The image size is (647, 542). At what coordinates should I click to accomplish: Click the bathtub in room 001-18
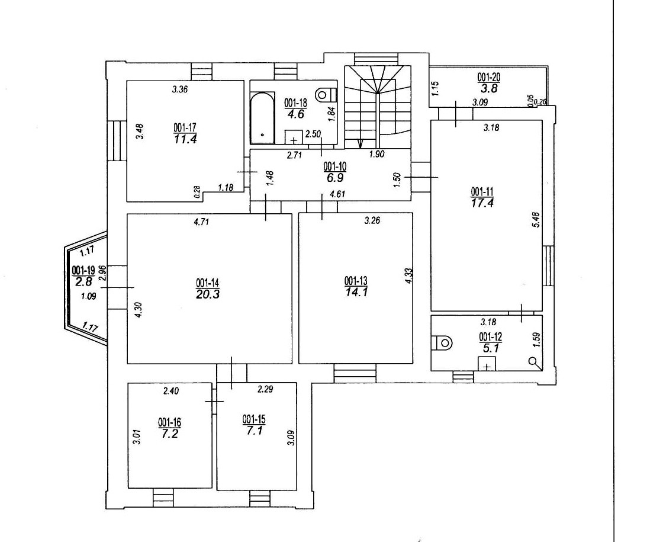pyautogui.click(x=262, y=118)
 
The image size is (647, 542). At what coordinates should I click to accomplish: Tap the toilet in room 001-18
pyautogui.click(x=326, y=95)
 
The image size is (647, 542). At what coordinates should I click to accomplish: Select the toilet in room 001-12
pyautogui.click(x=442, y=343)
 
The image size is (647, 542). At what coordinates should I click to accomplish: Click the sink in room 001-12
pyautogui.click(x=487, y=364)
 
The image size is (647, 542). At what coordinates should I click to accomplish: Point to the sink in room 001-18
pyautogui.click(x=294, y=137)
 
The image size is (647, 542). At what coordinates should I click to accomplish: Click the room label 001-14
pyautogui.click(x=208, y=283)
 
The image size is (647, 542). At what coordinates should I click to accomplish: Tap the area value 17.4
pyautogui.click(x=482, y=203)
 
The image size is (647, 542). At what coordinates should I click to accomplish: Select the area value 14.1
pyautogui.click(x=356, y=292)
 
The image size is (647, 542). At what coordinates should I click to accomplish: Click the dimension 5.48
pyautogui.click(x=536, y=220)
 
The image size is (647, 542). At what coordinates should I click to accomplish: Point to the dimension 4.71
pyautogui.click(x=201, y=222)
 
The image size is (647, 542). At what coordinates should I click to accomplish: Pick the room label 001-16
pyautogui.click(x=169, y=423)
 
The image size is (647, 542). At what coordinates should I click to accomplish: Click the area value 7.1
pyautogui.click(x=254, y=431)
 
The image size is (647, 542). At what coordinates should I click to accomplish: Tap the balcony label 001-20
pyautogui.click(x=489, y=78)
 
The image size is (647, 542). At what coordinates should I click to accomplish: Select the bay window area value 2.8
pyautogui.click(x=83, y=281)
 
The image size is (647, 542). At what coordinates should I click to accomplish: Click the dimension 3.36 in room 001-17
pyautogui.click(x=180, y=89)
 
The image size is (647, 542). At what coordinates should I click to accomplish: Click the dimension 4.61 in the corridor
pyautogui.click(x=337, y=194)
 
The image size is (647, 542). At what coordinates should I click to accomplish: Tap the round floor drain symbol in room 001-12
pyautogui.click(x=535, y=362)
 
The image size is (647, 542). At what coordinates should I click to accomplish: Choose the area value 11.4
pyautogui.click(x=185, y=139)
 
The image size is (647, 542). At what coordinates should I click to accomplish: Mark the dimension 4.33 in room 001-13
pyautogui.click(x=409, y=276)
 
